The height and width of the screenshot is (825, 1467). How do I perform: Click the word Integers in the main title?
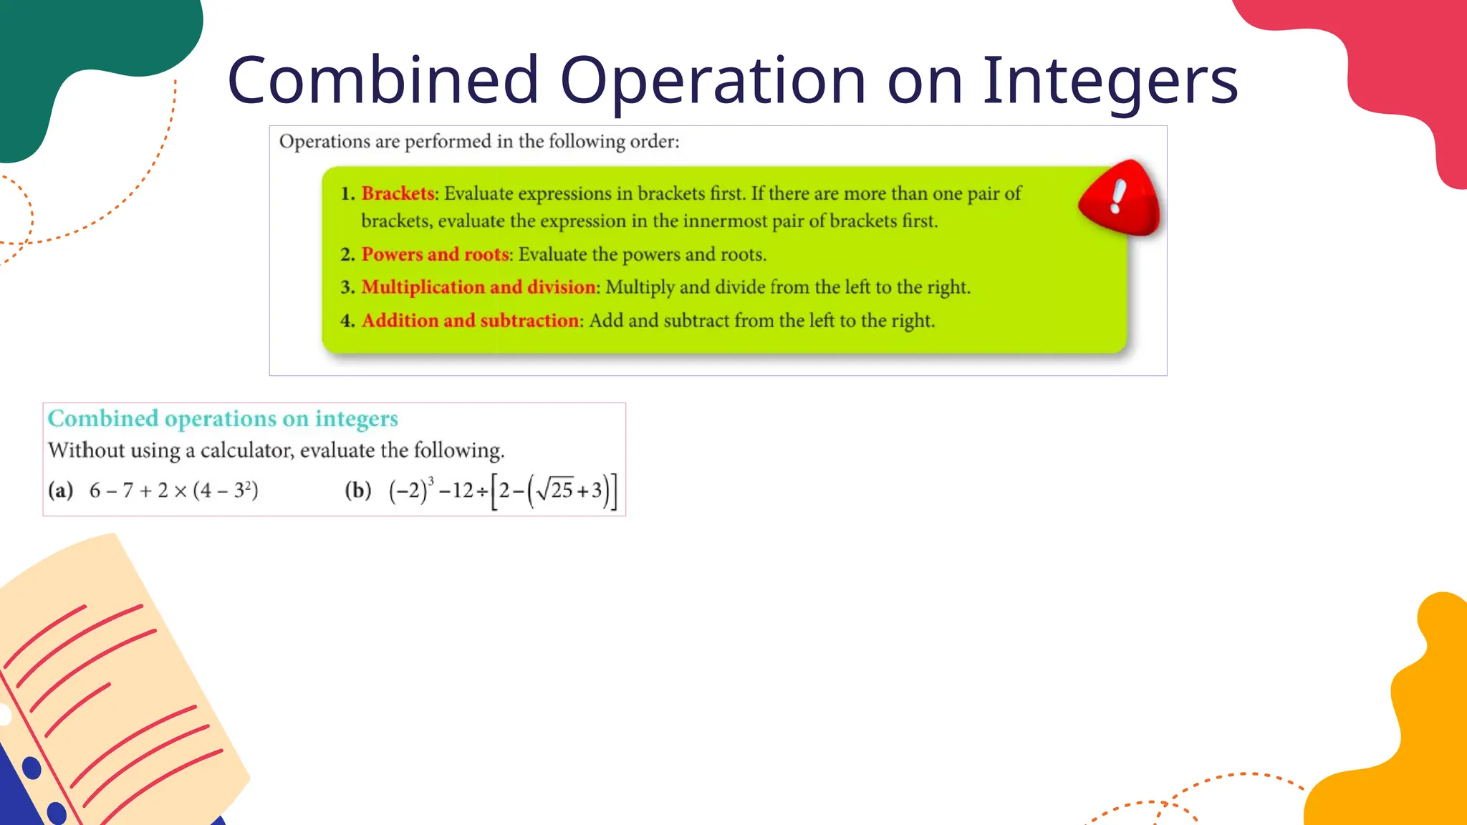[1110, 80]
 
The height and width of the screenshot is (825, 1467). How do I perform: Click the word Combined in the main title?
[383, 80]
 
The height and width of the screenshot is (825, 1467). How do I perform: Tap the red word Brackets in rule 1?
[398, 193]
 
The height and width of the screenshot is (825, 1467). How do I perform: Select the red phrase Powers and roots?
[435, 254]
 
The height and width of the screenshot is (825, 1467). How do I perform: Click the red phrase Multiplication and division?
[478, 287]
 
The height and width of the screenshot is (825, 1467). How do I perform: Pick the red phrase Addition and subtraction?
[470, 320]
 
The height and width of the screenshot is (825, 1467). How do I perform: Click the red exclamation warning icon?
[1119, 198]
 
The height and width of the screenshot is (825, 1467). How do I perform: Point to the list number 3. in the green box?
[347, 287]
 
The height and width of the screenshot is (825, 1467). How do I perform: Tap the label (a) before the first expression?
[61, 491]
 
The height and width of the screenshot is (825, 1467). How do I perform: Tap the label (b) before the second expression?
[358, 491]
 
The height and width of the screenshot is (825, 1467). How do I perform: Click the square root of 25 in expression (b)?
[555, 490]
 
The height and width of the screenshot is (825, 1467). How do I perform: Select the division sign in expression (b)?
[483, 491]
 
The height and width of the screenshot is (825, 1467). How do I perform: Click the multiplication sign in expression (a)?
[181, 491]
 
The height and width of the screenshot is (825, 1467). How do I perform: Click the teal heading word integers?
[356, 418]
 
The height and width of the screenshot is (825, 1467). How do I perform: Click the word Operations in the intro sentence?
[324, 142]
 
